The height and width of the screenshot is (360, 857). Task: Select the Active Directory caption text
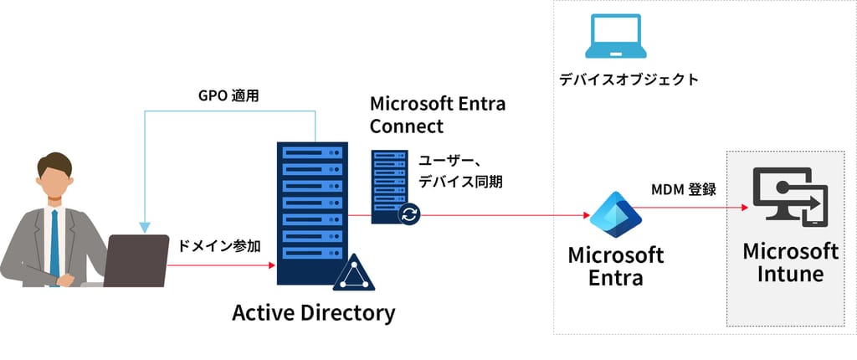(x=312, y=313)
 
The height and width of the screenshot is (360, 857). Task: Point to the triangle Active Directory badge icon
(x=353, y=272)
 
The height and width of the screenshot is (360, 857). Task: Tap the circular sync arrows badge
(x=409, y=214)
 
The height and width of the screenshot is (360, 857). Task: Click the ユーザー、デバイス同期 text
(x=459, y=170)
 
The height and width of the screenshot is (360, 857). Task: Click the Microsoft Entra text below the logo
(x=615, y=265)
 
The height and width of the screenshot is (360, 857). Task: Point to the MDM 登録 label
(x=684, y=190)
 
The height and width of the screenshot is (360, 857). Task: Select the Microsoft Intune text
(x=790, y=262)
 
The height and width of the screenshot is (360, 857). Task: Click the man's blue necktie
(x=54, y=243)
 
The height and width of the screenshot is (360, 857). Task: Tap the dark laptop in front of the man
(x=136, y=260)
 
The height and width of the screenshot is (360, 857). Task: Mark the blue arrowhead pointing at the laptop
(x=146, y=226)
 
